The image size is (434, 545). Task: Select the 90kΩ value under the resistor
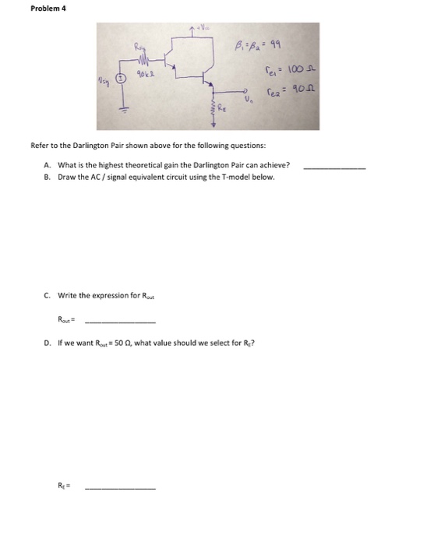tap(143, 75)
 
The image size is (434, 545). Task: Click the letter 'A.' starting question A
tap(49, 165)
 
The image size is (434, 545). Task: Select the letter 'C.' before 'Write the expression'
tap(49, 295)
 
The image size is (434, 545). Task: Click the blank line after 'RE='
tap(119, 487)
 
